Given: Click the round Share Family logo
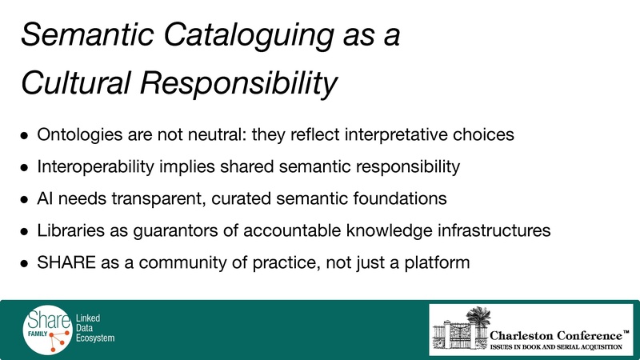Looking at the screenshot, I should (x=46, y=328).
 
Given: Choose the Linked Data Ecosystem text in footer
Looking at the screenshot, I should (x=95, y=328).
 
